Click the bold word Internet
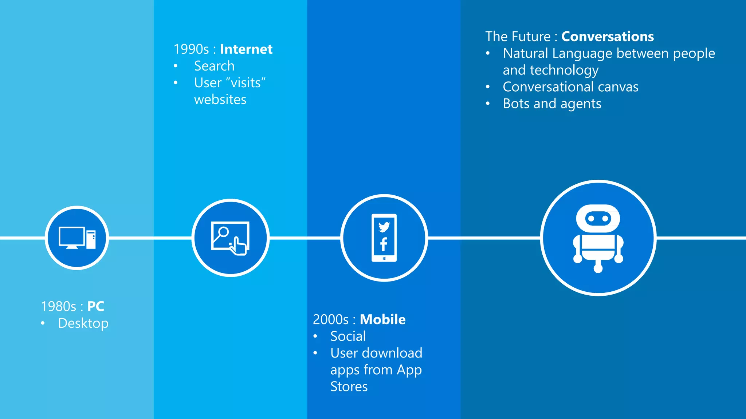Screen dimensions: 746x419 (246, 49)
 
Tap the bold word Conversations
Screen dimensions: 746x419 (607, 36)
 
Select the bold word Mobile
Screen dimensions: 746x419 (382, 319)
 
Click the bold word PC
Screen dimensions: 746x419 (96, 306)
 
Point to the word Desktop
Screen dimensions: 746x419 (83, 323)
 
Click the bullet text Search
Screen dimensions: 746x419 (214, 66)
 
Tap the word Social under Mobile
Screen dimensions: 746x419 (348, 336)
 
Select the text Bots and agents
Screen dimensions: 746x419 (552, 104)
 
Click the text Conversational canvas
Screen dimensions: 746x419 (570, 87)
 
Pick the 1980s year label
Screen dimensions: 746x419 (58, 306)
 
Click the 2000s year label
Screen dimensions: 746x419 (330, 319)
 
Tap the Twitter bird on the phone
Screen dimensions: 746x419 (384, 227)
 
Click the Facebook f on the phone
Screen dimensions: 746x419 (384, 244)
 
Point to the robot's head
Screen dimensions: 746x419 (598, 219)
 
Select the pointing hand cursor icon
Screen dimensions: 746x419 (239, 246)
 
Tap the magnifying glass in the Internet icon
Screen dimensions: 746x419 (223, 233)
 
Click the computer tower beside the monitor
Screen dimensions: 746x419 (91, 239)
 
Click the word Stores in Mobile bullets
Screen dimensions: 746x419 (349, 387)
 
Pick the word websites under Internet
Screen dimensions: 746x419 (220, 99)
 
